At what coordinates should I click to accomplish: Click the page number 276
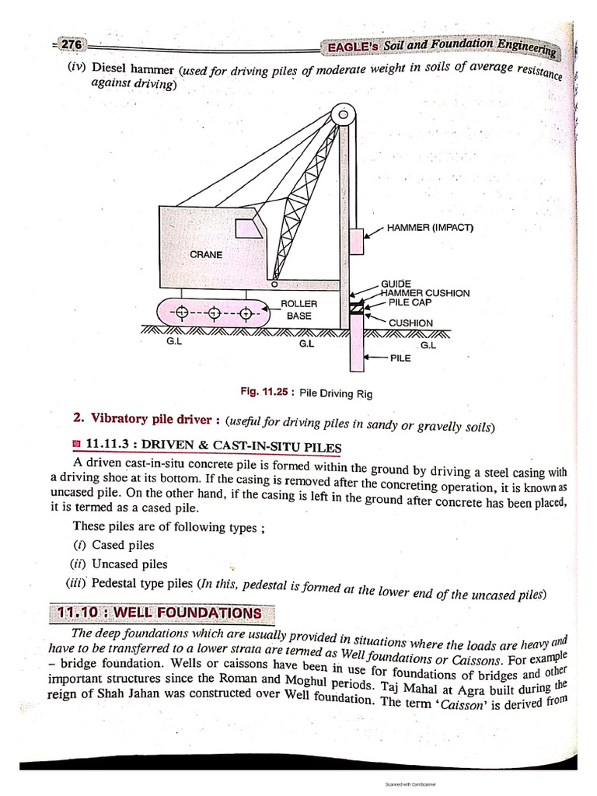click(x=72, y=45)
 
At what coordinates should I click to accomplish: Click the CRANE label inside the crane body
click(x=205, y=254)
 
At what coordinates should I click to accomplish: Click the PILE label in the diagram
click(x=400, y=358)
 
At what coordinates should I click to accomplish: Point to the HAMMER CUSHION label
click(x=425, y=293)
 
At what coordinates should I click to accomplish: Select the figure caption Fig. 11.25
click(x=307, y=393)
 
